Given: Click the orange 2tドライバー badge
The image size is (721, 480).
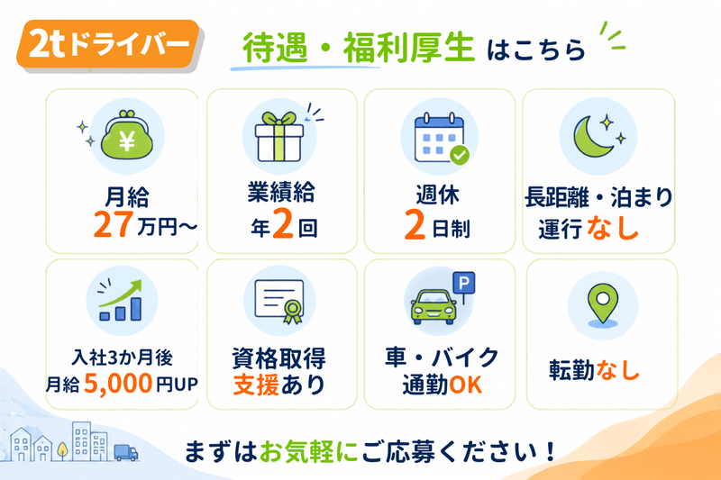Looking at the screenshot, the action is (x=108, y=44).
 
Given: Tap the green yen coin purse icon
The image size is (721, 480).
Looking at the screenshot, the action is (x=126, y=135).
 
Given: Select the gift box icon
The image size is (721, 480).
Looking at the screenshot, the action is (x=279, y=136).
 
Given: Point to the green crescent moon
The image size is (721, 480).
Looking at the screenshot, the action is (x=591, y=136).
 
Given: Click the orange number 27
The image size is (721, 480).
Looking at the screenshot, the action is (x=114, y=224).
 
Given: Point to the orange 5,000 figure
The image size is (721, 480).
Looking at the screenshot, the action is (x=118, y=383).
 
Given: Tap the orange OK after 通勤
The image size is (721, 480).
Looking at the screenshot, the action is (x=465, y=385).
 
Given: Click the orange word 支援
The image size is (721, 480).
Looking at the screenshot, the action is (x=256, y=385).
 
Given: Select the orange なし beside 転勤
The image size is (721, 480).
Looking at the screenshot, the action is (x=617, y=370).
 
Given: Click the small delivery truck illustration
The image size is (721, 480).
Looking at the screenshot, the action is (x=125, y=452).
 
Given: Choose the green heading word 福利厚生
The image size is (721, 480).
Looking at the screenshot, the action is (x=409, y=48).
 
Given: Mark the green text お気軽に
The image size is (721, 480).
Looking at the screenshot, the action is (x=308, y=451).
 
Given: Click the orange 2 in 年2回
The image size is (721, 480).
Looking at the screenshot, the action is (x=283, y=223).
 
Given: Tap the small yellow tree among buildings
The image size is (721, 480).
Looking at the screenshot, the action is (x=62, y=450).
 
